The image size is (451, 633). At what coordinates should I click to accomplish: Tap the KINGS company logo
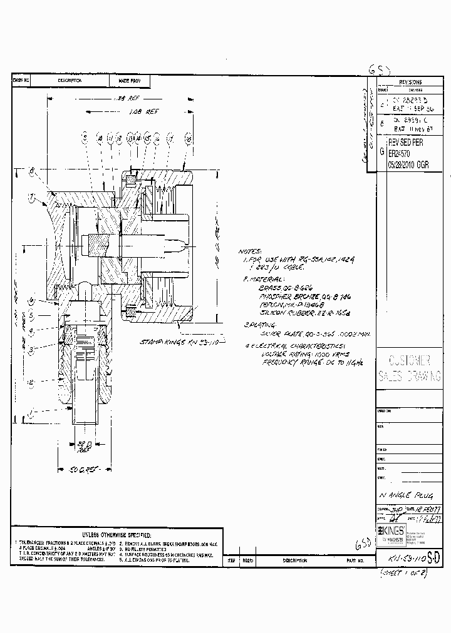pos(389,530)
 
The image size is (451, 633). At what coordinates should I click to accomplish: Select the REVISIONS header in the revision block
pos(410,82)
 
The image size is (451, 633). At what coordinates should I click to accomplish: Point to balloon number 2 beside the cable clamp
pos(30,382)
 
